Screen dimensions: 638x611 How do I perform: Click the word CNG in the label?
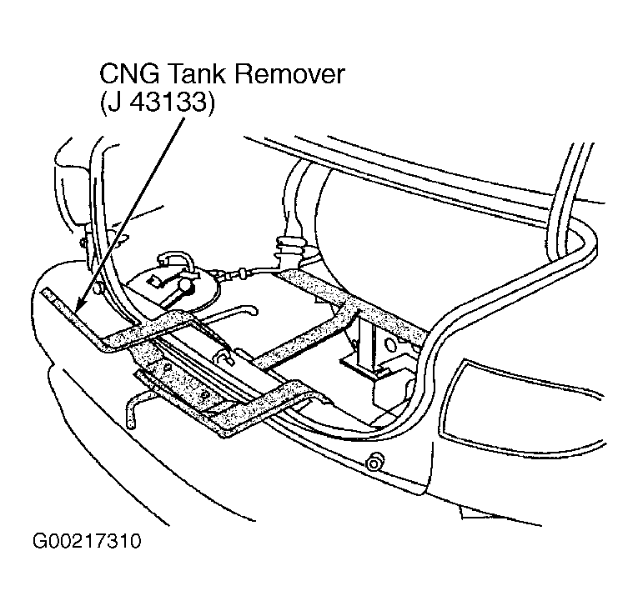129,74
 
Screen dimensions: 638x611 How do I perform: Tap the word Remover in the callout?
289,74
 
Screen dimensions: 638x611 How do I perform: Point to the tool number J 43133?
157,102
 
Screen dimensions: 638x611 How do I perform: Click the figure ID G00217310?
87,541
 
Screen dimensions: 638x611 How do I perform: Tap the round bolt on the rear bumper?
374,462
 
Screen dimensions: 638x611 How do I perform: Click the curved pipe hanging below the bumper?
135,408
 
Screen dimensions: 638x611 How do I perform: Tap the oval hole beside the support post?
389,343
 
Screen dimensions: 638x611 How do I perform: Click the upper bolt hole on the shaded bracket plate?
167,367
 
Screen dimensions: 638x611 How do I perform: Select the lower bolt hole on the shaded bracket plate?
204,394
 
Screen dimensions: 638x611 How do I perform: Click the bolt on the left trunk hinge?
83,243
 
